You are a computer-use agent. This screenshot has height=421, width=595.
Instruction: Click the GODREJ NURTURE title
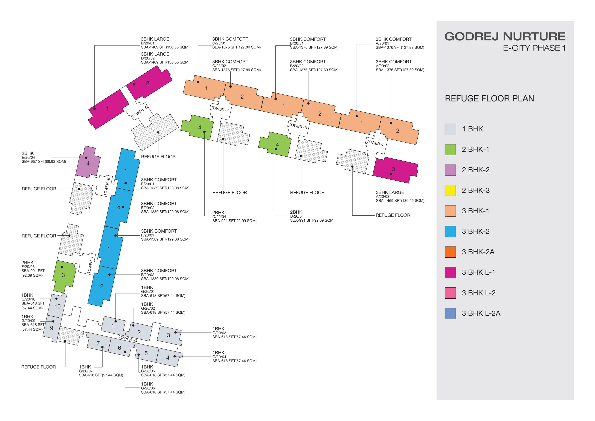coord(505,36)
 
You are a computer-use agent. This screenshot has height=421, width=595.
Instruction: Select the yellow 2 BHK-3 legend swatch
coord(450,191)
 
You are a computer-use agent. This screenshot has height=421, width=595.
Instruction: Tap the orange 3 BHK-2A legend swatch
coord(450,252)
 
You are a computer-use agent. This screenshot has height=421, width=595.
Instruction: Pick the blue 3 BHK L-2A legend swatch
coord(450,314)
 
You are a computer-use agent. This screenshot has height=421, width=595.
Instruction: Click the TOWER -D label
coord(139,112)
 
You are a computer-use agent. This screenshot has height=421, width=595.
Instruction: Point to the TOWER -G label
coord(128,338)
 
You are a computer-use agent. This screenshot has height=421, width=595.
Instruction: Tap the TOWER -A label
coord(375,143)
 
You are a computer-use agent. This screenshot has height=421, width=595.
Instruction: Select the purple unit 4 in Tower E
coord(88,163)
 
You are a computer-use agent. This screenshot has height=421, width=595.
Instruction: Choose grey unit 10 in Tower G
coord(57,306)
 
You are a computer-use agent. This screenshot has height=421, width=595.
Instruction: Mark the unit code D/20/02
coord(148,58)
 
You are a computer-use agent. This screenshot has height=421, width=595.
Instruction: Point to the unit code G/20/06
coord(148,388)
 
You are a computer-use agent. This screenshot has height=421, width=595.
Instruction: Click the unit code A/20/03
coord(383,197)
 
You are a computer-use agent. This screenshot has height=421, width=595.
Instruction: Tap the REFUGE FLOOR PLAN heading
coord(489,99)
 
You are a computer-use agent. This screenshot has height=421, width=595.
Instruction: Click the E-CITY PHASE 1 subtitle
coord(534,48)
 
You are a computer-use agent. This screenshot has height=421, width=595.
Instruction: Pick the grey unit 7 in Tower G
coord(98,343)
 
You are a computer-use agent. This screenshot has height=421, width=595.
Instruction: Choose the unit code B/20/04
coord(297,216)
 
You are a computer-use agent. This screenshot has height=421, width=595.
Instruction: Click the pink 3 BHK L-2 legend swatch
coord(450,293)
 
